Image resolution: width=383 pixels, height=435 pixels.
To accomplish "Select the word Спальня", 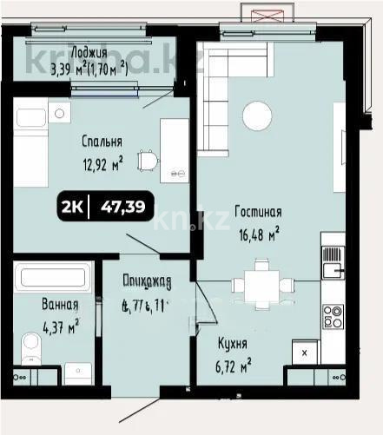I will click(x=102, y=142).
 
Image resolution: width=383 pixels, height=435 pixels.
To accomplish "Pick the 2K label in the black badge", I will click(x=75, y=206).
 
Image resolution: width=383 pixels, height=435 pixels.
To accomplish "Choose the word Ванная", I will click(x=59, y=306).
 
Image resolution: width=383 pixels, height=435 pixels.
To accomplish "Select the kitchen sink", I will click(x=332, y=260).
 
